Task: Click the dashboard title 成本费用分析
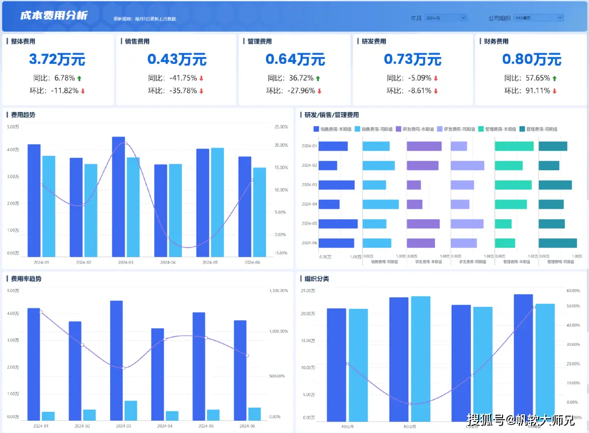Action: click(x=54, y=16)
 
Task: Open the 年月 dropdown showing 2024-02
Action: click(x=446, y=18)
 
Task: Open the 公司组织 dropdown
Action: click(x=538, y=18)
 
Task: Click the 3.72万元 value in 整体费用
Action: click(x=57, y=59)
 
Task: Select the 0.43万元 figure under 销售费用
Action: click(x=177, y=59)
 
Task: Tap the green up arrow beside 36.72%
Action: click(x=318, y=78)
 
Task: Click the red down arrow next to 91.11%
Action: click(x=554, y=91)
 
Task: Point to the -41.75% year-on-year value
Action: click(x=183, y=78)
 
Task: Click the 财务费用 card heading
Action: click(x=493, y=42)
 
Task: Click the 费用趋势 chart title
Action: click(x=23, y=115)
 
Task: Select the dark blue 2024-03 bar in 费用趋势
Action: click(x=118, y=197)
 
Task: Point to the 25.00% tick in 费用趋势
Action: click(x=281, y=127)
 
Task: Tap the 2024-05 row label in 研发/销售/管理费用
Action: click(x=309, y=224)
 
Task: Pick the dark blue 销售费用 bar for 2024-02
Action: click(x=328, y=166)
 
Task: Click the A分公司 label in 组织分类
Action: click(x=348, y=426)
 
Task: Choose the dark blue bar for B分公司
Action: click(x=399, y=359)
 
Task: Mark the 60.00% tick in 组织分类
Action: click(x=573, y=291)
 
